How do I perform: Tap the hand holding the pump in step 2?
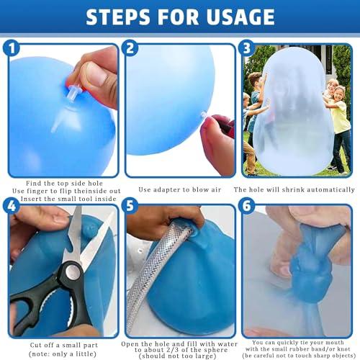pyautogui.click(x=219, y=148)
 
